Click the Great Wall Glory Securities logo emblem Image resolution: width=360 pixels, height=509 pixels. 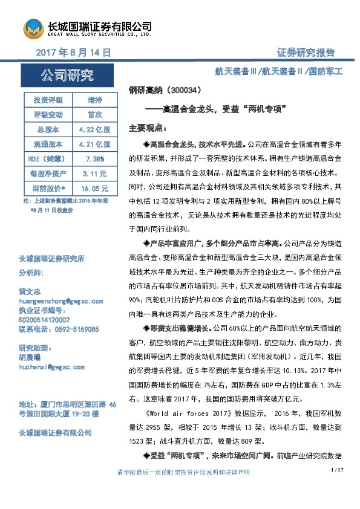[34, 28]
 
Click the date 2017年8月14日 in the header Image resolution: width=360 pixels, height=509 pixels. [73, 53]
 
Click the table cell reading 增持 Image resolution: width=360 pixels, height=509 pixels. [94, 99]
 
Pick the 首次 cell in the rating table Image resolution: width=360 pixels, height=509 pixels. [94, 114]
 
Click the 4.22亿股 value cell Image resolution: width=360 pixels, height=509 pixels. [94, 129]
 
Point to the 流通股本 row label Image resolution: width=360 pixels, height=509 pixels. [48, 144]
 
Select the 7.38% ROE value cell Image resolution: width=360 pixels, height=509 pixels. [94, 159]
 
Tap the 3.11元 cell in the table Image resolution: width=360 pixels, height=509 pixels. [94, 173]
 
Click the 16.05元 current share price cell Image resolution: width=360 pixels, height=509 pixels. [94, 189]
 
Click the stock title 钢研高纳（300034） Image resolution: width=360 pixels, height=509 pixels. [165, 91]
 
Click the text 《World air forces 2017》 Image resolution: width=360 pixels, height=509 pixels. [186, 415]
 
